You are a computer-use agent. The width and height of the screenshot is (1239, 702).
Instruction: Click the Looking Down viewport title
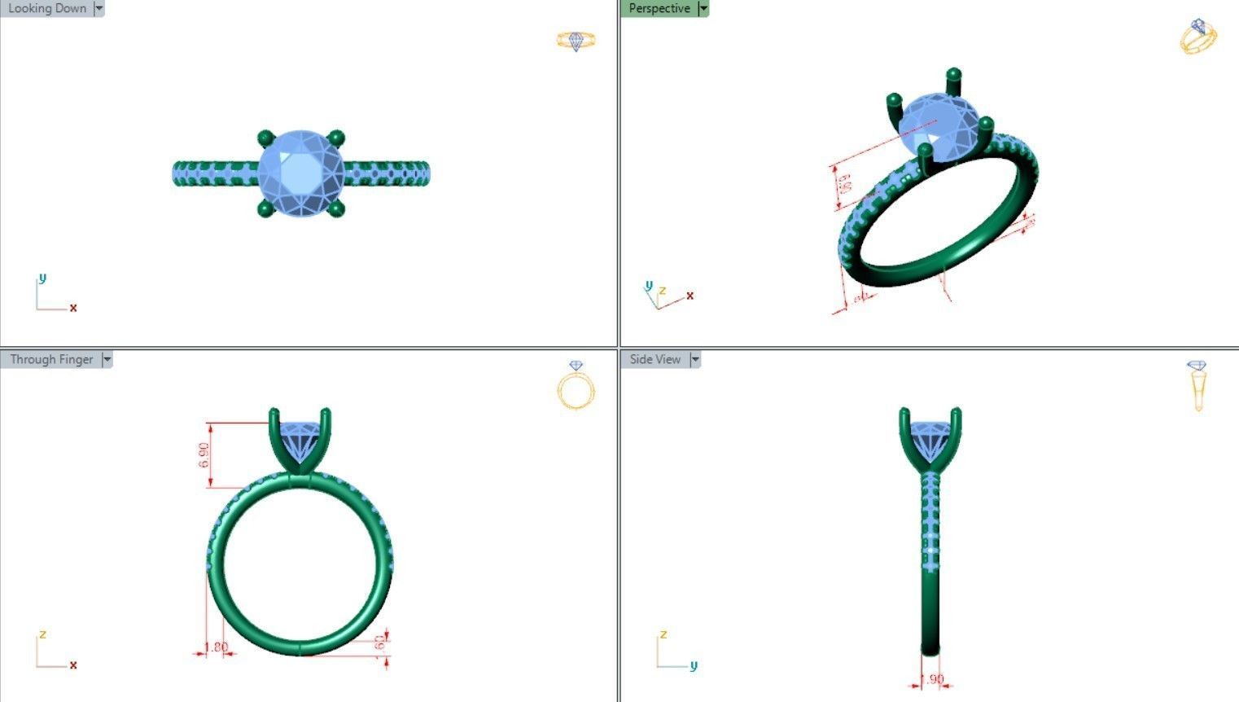(46, 8)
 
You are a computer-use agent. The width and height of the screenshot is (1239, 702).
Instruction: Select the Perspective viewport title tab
(659, 8)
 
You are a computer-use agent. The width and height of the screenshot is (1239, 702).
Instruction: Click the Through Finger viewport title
(51, 359)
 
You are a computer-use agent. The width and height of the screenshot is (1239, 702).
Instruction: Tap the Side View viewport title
(655, 359)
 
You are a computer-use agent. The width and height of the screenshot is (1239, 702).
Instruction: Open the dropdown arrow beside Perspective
(704, 8)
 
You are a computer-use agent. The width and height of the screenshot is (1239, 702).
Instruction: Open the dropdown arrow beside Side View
(695, 359)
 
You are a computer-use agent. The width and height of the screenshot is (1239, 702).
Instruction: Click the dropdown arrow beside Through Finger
(107, 359)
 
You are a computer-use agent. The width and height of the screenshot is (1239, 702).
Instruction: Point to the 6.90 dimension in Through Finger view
(204, 454)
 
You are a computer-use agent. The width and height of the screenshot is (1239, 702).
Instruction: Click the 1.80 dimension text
(216, 647)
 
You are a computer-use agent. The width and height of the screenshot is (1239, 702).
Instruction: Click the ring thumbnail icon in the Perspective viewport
(1198, 37)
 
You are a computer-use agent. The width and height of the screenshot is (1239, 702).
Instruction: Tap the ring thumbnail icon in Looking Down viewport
(576, 41)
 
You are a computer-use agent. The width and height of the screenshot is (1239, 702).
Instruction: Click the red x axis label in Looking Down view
(73, 308)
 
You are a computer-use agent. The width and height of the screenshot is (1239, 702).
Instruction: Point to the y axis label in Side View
(694, 665)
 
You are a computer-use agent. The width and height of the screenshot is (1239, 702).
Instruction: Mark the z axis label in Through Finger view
(42, 634)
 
